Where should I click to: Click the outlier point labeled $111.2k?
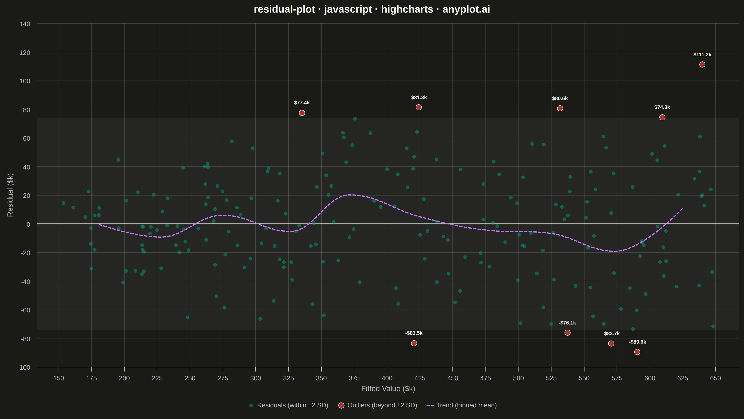pyautogui.click(x=702, y=64)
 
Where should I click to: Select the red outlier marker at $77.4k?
pyautogui.click(x=302, y=113)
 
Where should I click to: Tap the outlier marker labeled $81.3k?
pyautogui.click(x=418, y=107)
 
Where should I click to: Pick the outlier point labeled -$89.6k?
pyautogui.click(x=637, y=352)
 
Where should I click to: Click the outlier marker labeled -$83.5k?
pyautogui.click(x=414, y=343)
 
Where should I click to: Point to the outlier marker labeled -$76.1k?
pyautogui.click(x=567, y=333)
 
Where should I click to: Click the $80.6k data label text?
pyautogui.click(x=560, y=99)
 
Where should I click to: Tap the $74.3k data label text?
pyautogui.click(x=662, y=107)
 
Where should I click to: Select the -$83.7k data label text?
pyautogui.click(x=611, y=333)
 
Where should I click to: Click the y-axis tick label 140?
pyautogui.click(x=25, y=24)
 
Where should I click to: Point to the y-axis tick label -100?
pyautogui.click(x=24, y=368)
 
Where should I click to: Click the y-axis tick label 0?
pyautogui.click(x=28, y=224)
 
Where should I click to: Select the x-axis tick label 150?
pyautogui.click(x=59, y=378)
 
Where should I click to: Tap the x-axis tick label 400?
pyautogui.click(x=387, y=378)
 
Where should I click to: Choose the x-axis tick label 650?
pyautogui.click(x=715, y=378)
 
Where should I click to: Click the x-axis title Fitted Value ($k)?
pyautogui.click(x=388, y=389)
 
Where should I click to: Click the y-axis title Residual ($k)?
pyautogui.click(x=10, y=195)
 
